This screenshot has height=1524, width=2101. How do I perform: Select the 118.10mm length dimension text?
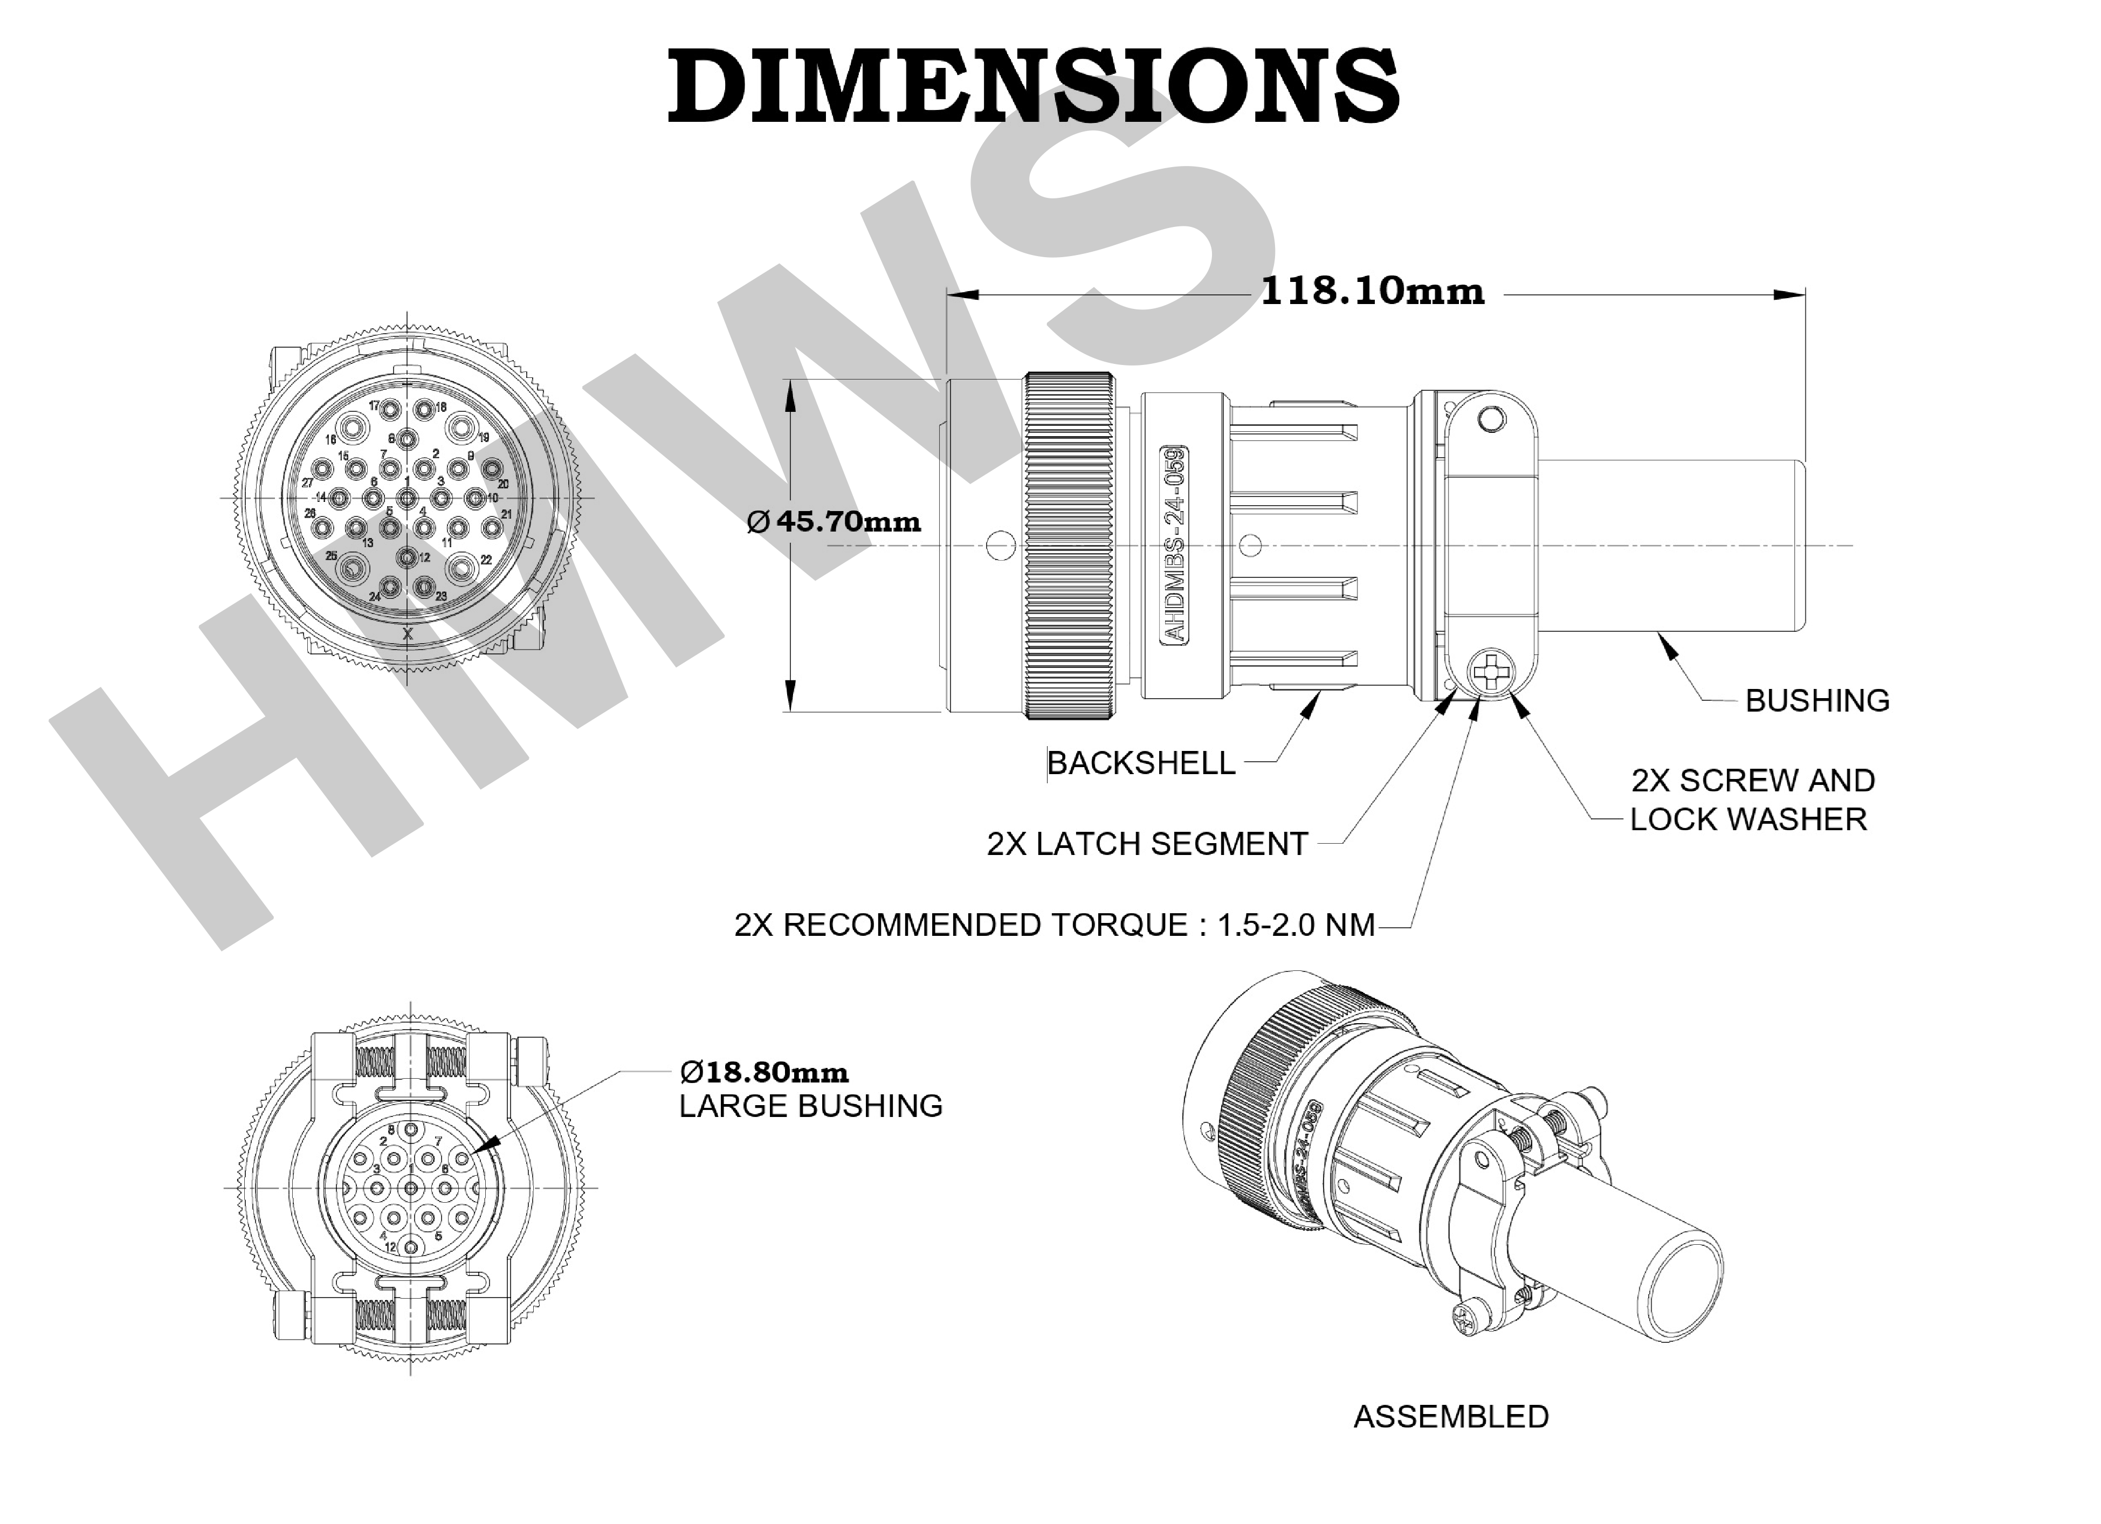(1373, 291)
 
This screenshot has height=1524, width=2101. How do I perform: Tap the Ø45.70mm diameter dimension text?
(833, 522)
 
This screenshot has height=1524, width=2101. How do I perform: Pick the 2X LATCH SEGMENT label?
(1147, 844)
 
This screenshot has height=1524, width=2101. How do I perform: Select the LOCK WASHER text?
(1748, 819)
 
